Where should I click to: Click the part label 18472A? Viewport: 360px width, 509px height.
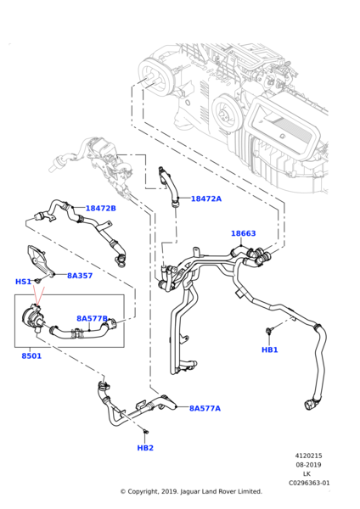pyautogui.click(x=205, y=199)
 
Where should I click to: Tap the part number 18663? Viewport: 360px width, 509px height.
pyautogui.click(x=243, y=233)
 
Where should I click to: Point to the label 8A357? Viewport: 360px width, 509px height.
pyautogui.click(x=80, y=276)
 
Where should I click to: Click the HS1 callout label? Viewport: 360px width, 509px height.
pyautogui.click(x=23, y=282)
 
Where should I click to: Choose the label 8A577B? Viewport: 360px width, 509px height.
pyautogui.click(x=92, y=319)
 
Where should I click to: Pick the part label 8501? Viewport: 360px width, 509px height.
pyautogui.click(x=31, y=355)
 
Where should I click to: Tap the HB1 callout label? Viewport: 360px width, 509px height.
pyautogui.click(x=269, y=350)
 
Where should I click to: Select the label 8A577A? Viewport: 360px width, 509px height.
pyautogui.click(x=205, y=408)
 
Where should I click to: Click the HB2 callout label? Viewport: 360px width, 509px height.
pyautogui.click(x=145, y=447)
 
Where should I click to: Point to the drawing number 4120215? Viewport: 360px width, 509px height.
pyautogui.click(x=308, y=456)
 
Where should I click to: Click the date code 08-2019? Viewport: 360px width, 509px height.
pyautogui.click(x=308, y=465)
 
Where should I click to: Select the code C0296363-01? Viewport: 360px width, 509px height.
pyautogui.click(x=308, y=483)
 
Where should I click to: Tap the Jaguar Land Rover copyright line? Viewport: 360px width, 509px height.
pyautogui.click(x=190, y=491)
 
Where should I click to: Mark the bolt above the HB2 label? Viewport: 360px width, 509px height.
pyautogui.click(x=144, y=433)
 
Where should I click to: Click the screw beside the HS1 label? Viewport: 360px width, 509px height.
pyautogui.click(x=38, y=281)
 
